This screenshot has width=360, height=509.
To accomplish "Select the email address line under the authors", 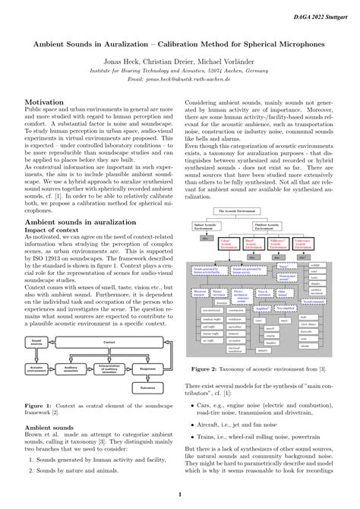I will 179,78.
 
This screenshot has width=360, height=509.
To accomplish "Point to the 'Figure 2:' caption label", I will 229,368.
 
